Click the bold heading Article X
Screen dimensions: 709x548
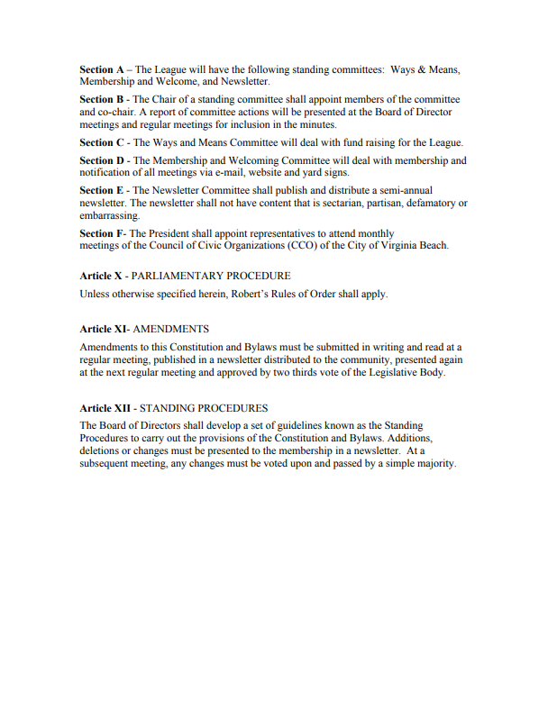[100, 276]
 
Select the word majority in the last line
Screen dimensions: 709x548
[434, 464]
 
